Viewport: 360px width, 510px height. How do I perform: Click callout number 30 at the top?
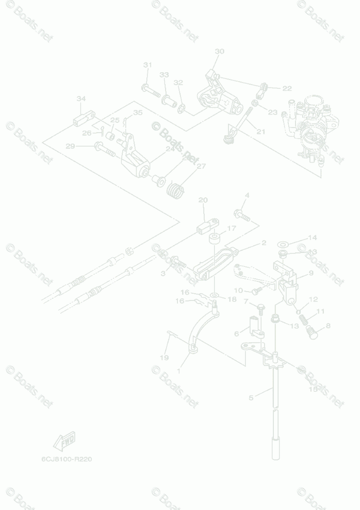[x=219, y=52]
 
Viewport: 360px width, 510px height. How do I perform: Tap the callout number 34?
[x=81, y=99]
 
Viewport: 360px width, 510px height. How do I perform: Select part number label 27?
[x=201, y=166]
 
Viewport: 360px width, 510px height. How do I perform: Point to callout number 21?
[x=260, y=132]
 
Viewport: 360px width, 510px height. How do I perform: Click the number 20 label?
[x=203, y=200]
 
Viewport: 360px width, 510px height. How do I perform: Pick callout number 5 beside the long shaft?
[x=251, y=397]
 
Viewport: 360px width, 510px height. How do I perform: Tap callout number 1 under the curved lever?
[x=178, y=371]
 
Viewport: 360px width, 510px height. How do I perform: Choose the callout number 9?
[x=311, y=273]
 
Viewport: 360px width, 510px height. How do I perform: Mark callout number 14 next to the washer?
[x=313, y=238]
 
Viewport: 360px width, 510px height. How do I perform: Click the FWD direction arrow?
[x=64, y=441]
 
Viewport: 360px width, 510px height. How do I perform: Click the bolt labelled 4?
[x=240, y=212]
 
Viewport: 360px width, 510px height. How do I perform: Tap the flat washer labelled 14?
[x=283, y=243]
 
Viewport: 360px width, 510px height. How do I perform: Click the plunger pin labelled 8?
[x=311, y=330]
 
